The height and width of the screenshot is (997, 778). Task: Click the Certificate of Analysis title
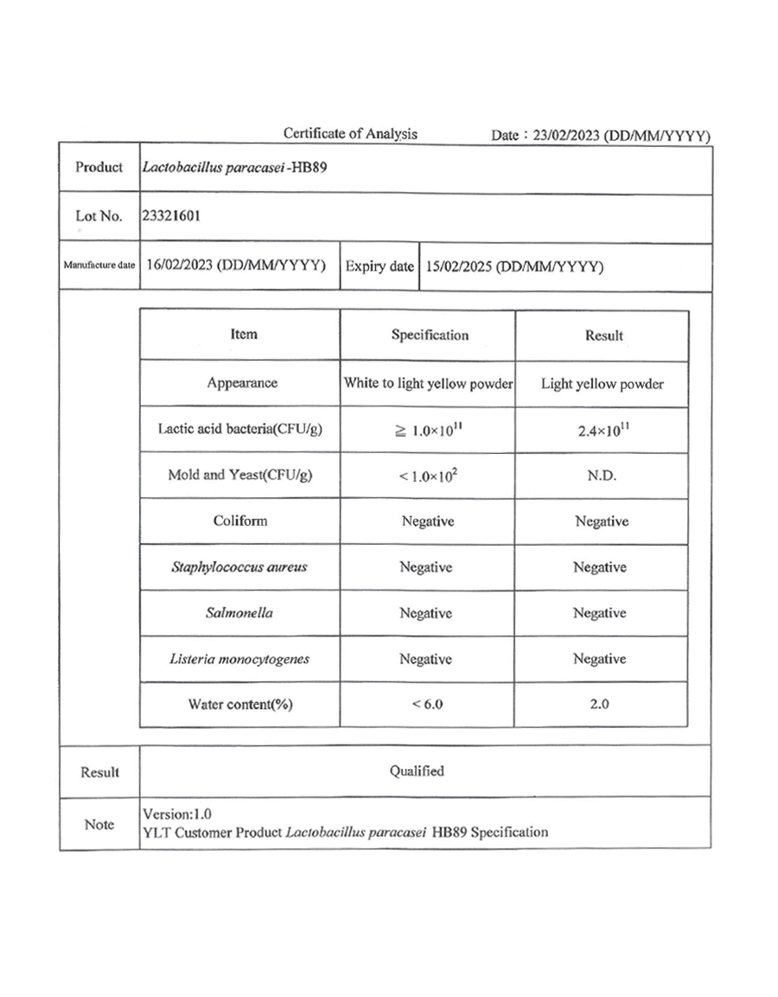point(350,134)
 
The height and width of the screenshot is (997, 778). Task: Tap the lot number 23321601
point(172,216)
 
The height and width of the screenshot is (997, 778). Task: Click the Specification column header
point(430,335)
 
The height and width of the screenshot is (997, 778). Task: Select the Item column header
point(244,334)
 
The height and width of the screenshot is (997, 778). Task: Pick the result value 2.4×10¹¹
point(602,430)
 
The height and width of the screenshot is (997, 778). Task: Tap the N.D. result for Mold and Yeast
point(602,476)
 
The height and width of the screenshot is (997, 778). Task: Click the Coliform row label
point(240,521)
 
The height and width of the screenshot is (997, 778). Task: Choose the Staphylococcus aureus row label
point(240,567)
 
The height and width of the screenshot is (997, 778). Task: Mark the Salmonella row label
point(240,613)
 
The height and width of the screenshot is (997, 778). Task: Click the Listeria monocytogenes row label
point(239,659)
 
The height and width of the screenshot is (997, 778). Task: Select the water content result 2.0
point(599,705)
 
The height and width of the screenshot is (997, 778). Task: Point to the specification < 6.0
point(427,705)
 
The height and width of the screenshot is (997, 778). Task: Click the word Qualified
point(417,770)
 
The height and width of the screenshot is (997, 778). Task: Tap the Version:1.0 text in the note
point(176,814)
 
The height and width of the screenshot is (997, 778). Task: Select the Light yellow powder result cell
point(602,384)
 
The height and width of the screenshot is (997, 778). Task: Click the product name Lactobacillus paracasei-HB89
point(234,167)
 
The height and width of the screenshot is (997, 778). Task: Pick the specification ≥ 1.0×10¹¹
point(427,430)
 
